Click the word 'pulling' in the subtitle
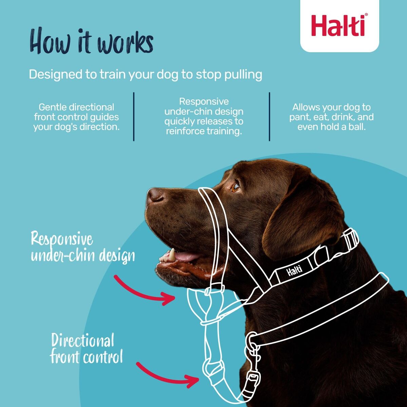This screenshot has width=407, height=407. pyautogui.click(x=243, y=75)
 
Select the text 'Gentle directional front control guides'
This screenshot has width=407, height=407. pyautogui.click(x=76, y=112)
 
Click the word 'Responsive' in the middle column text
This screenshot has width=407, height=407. pyautogui.click(x=204, y=101)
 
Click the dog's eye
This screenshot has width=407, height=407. pyautogui.click(x=235, y=187)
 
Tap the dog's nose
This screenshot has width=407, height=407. pyautogui.click(x=155, y=196)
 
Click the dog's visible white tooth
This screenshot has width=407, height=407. pyautogui.click(x=172, y=254)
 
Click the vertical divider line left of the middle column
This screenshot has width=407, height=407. pyautogui.click(x=134, y=116)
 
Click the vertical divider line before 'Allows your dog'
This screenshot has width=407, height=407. pyautogui.click(x=269, y=116)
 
